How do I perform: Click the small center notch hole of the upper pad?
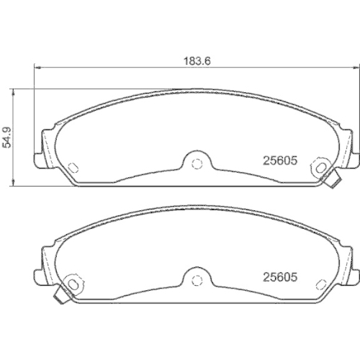tap(194, 161)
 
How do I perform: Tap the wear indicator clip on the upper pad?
tap(332, 183)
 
